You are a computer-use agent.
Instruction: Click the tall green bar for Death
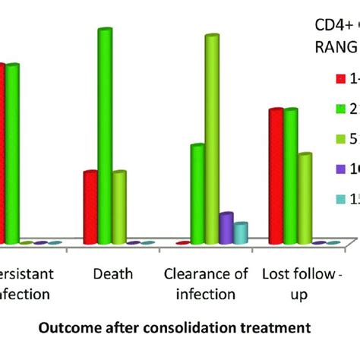[x=105, y=137]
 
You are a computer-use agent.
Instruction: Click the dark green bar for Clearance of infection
[x=197, y=194]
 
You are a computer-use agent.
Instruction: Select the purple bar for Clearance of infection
[x=226, y=228]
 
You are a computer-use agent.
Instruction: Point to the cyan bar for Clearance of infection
[x=241, y=233]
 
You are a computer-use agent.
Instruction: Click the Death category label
[x=112, y=273]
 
